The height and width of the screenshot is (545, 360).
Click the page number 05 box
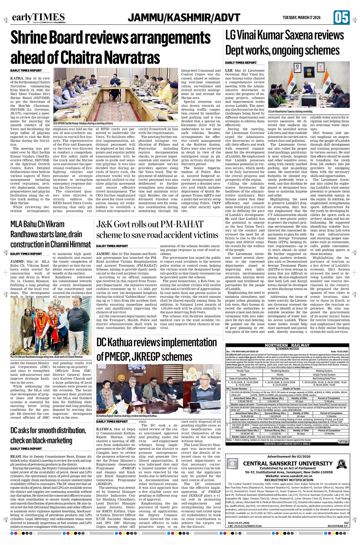(341, 17)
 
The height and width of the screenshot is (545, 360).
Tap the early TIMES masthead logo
(38, 18)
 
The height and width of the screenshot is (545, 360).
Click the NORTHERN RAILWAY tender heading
(287, 345)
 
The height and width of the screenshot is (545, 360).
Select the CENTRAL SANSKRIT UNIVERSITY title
(288, 463)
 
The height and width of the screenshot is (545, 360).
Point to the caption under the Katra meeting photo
(83, 123)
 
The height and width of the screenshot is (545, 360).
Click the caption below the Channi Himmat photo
(47, 357)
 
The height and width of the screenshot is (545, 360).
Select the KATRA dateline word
(17, 78)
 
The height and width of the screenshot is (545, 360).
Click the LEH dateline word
(229, 70)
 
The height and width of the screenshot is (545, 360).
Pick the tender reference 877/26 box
(343, 442)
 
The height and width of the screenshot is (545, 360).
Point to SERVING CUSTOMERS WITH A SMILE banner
(287, 444)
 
